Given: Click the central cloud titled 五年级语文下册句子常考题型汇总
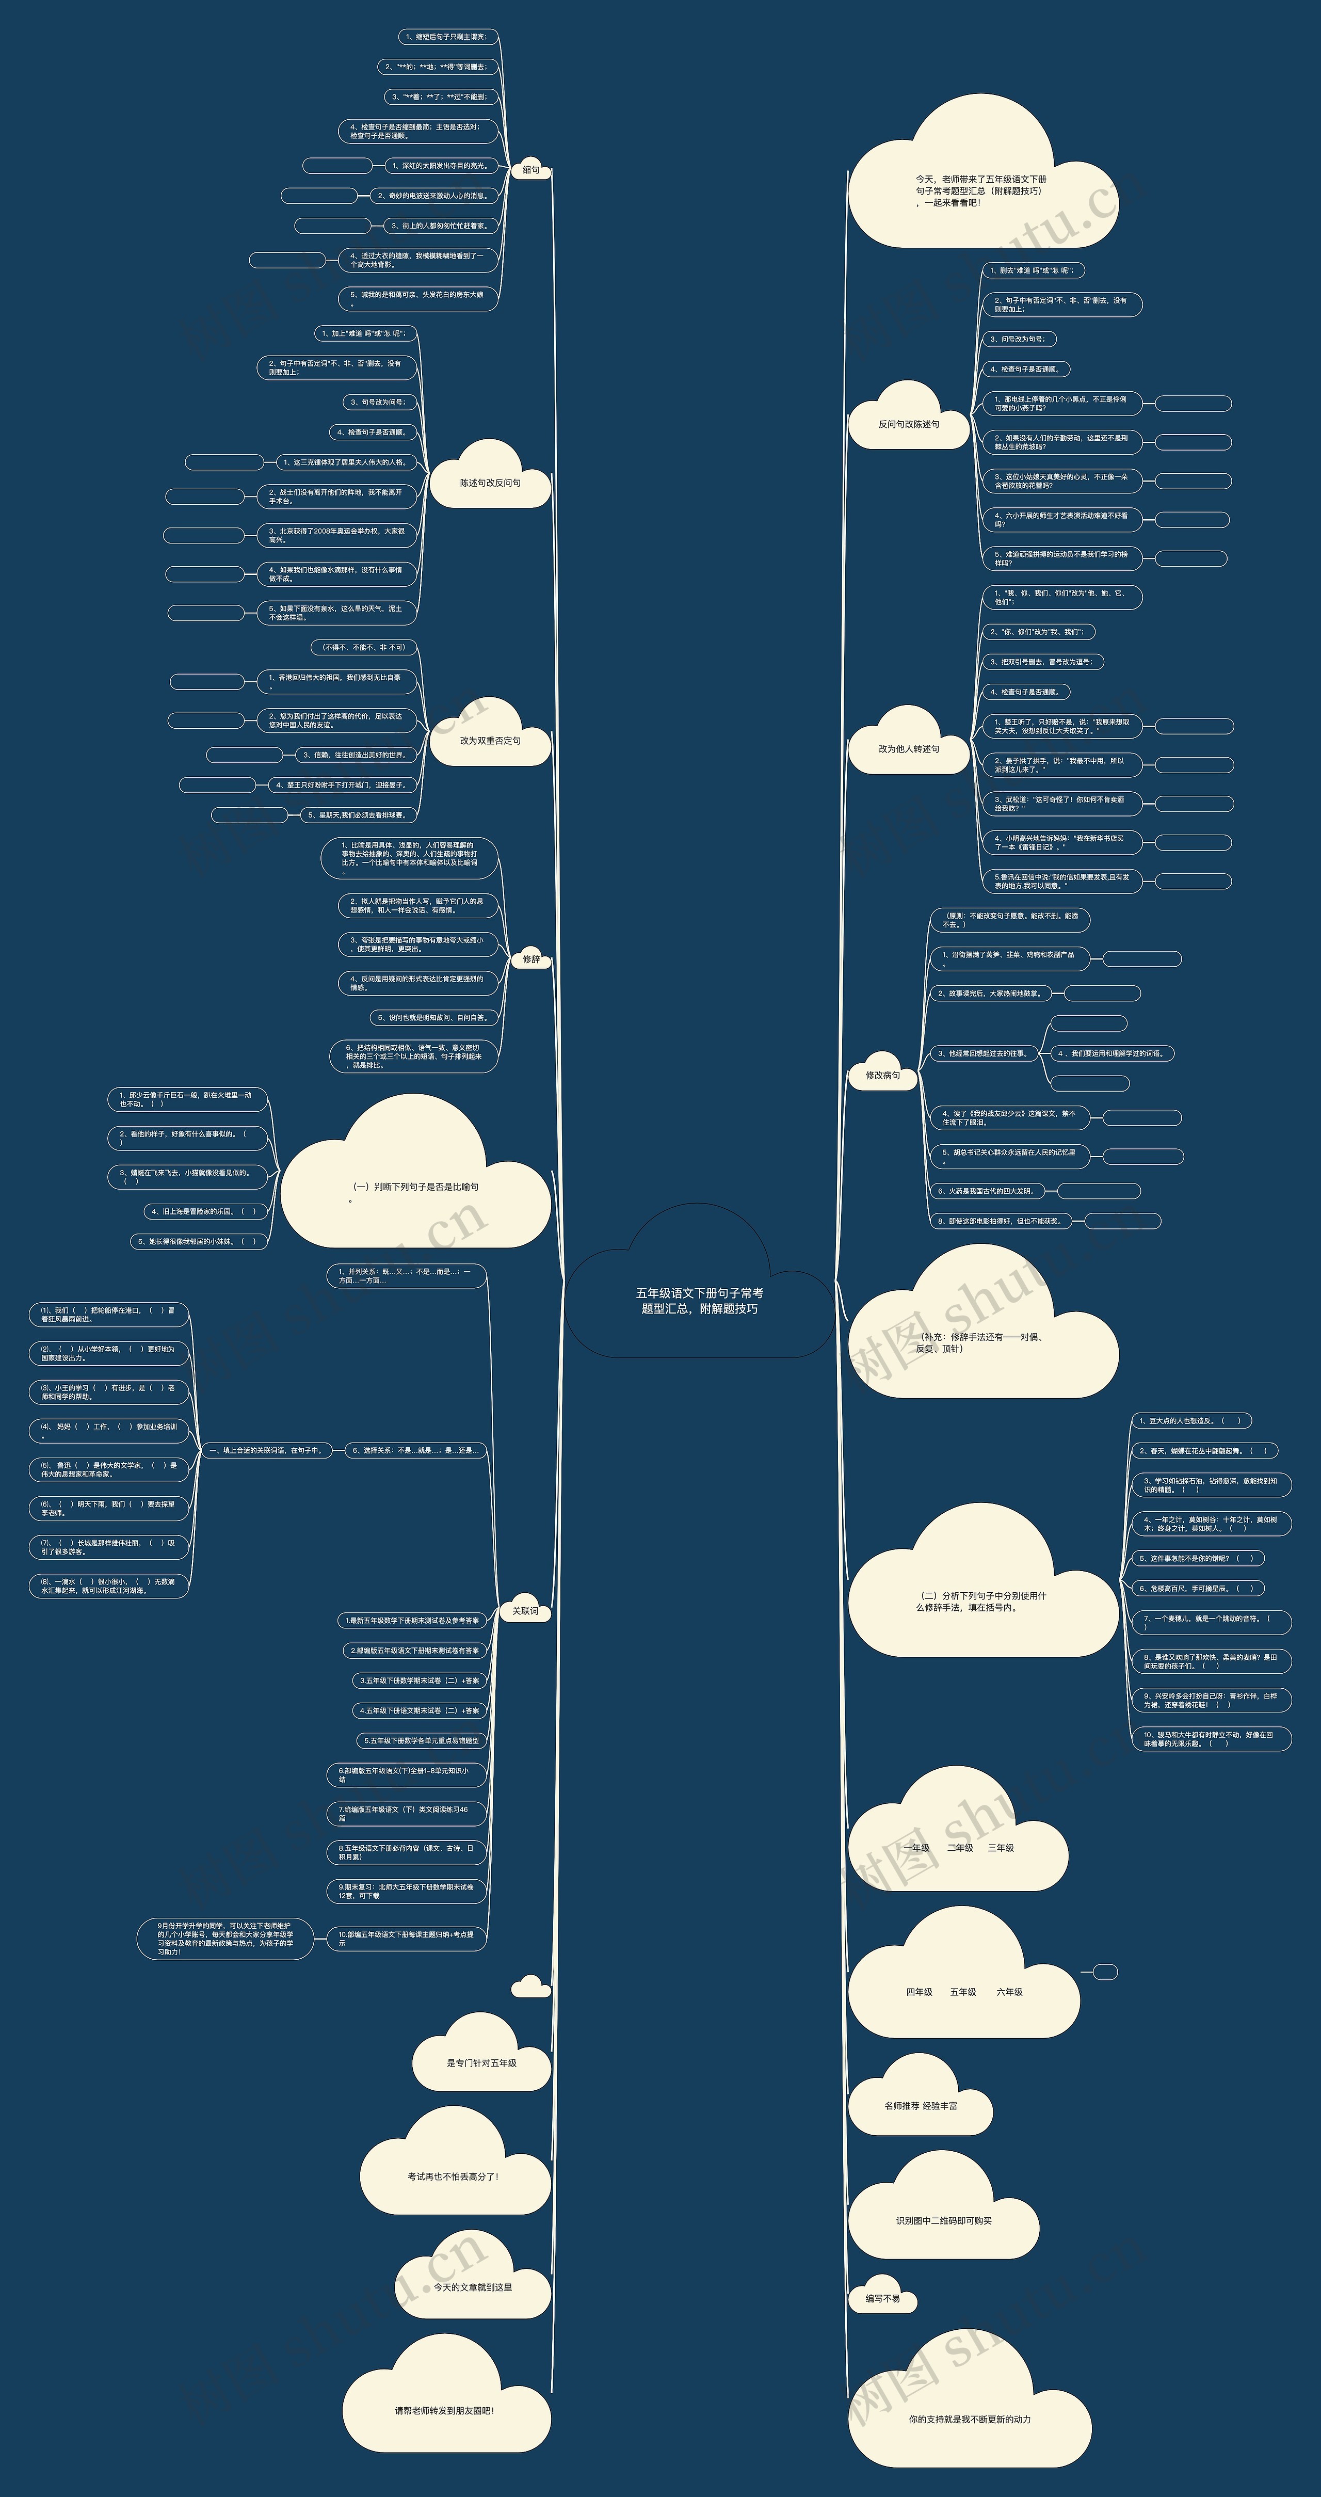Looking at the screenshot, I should click(x=699, y=1300).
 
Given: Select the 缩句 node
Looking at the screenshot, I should click(x=530, y=170).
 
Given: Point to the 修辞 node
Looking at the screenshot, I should click(x=530, y=958).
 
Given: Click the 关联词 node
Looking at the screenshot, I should click(x=524, y=1611).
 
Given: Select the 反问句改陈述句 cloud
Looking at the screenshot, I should click(x=908, y=424).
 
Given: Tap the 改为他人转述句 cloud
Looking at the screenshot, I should click(x=908, y=748).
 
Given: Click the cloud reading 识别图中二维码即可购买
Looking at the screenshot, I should click(x=943, y=2220).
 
